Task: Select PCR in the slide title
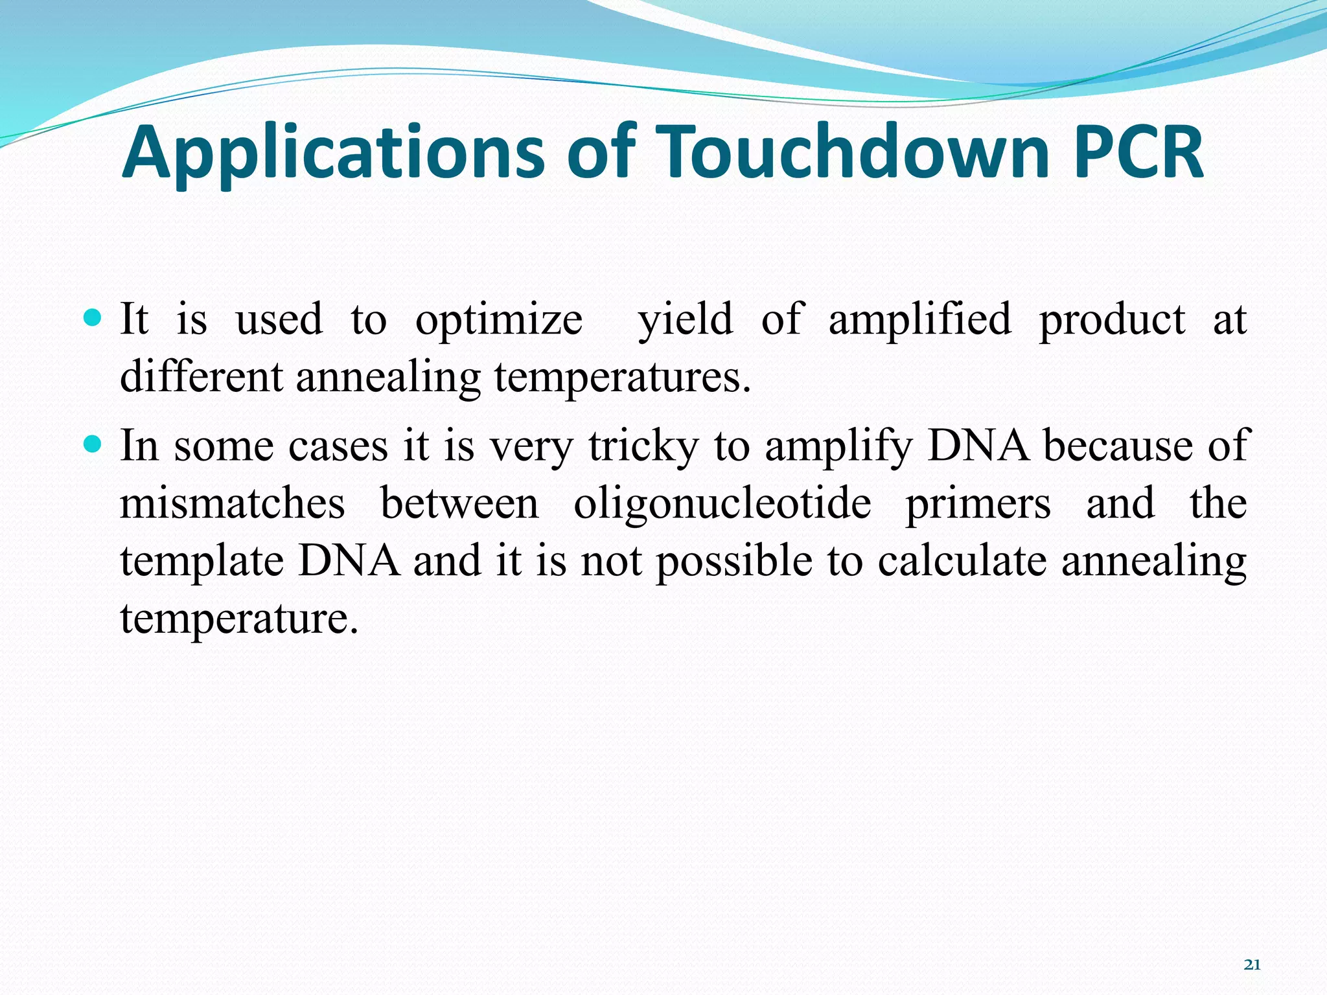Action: [x=1138, y=153]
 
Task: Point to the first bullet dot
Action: [x=93, y=318]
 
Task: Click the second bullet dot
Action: [x=93, y=444]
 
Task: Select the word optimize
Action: [x=498, y=320]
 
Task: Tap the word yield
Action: [x=685, y=320]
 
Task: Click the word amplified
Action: [x=919, y=320]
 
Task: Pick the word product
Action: [x=1112, y=320]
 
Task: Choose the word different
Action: [x=202, y=376]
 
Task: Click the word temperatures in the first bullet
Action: [x=622, y=378]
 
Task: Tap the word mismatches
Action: [x=232, y=503]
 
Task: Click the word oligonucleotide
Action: [x=722, y=503]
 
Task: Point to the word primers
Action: [x=977, y=503]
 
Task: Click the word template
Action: [x=202, y=561]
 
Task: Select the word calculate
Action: [x=962, y=561]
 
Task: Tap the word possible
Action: [x=734, y=561]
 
